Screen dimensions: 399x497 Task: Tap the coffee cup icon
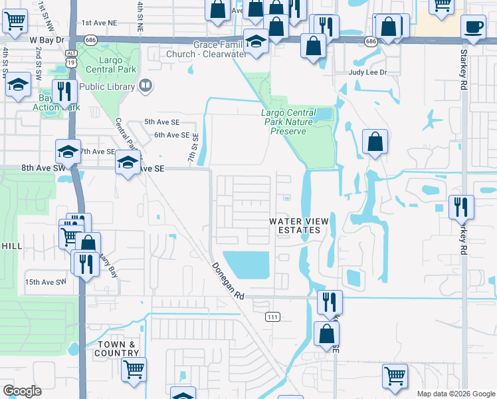[x=473, y=27]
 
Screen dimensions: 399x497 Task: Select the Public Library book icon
[x=145, y=86]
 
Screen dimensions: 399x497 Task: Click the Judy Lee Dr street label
[x=367, y=74]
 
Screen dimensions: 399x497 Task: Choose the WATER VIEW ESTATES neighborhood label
[x=294, y=225]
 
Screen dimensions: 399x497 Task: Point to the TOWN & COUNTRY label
[x=116, y=348]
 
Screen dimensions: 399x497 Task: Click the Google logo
[x=22, y=391]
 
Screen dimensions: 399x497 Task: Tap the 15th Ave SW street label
[x=46, y=282]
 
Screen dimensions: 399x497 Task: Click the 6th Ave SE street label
[x=171, y=135]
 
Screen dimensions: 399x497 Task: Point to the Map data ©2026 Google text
[x=455, y=394]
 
